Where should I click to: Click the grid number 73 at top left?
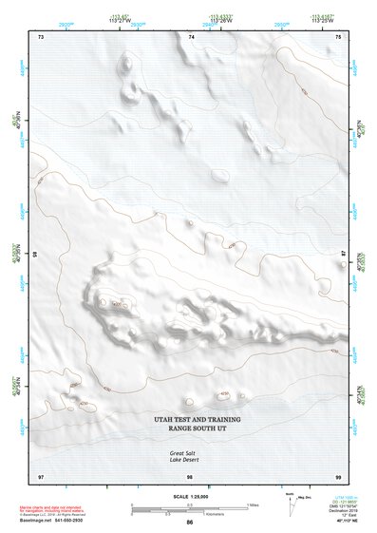[x=40, y=36]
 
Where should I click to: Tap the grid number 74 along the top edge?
[x=191, y=36]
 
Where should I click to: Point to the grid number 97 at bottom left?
[x=40, y=475]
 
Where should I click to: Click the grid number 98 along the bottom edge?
[x=190, y=475]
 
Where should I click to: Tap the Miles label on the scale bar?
[x=252, y=504]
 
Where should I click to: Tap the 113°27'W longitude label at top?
[x=120, y=23]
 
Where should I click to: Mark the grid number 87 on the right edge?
[x=344, y=254]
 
